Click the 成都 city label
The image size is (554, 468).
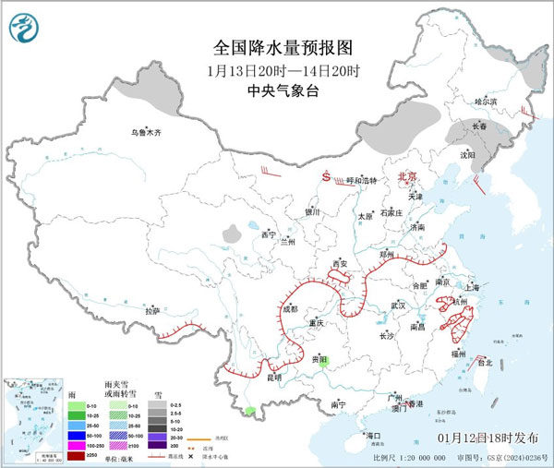click(291, 309)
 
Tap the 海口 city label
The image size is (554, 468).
click(373, 435)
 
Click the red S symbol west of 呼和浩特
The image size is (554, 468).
click(325, 175)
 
